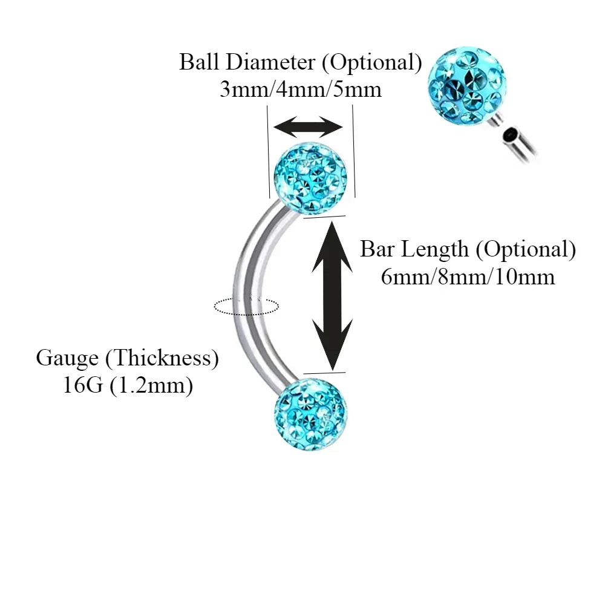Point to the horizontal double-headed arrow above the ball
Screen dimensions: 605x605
click(308, 128)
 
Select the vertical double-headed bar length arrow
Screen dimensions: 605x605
click(332, 295)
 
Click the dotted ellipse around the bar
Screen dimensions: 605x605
click(246, 306)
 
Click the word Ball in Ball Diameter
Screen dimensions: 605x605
click(198, 62)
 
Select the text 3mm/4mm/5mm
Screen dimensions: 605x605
click(300, 90)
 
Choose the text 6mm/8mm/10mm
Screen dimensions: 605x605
click(468, 276)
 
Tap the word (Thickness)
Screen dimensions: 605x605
click(162, 358)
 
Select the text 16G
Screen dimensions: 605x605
click(83, 385)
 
